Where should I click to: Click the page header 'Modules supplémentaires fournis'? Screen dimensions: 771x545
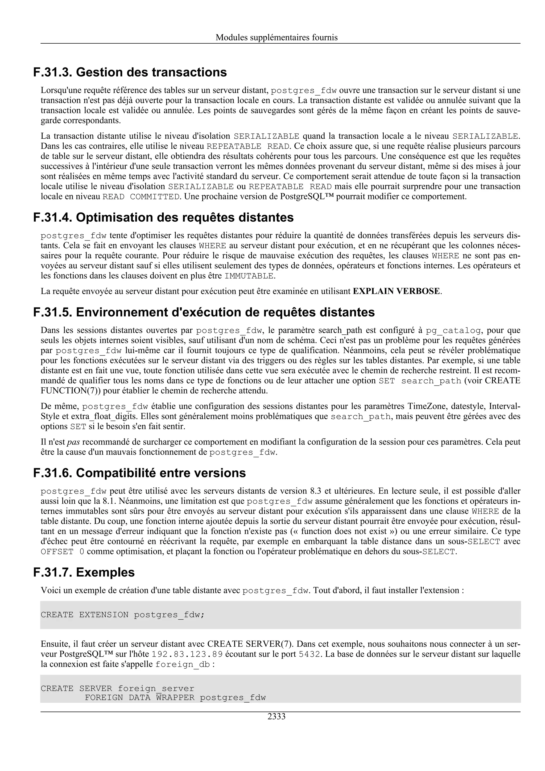click(x=276, y=37)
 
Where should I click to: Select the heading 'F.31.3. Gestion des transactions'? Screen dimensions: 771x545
click(x=130, y=72)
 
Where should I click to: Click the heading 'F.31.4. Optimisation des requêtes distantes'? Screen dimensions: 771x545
click(x=163, y=218)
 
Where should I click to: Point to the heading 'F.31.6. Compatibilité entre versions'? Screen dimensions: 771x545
click(x=139, y=473)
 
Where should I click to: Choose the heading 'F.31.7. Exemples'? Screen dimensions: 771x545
click(x=84, y=572)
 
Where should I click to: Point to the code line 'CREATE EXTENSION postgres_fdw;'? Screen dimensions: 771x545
click(x=123, y=615)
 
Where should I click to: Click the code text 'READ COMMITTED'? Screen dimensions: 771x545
click(x=141, y=197)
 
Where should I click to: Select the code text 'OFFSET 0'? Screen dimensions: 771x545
click(x=63, y=552)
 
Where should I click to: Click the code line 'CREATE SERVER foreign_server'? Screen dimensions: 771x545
click(x=118, y=689)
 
